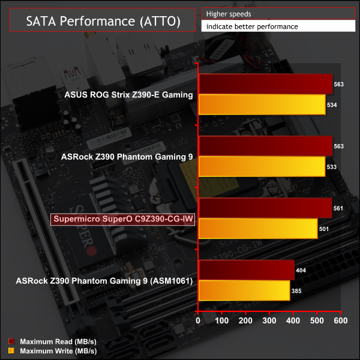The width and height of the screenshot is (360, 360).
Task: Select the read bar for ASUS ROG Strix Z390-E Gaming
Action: click(265, 85)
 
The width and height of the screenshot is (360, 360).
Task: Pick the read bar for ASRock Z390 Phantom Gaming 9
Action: click(265, 146)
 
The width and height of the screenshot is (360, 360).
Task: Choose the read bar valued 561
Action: click(265, 208)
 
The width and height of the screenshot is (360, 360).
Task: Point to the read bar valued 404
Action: click(246, 270)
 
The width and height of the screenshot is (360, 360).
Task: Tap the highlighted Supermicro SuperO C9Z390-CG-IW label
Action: click(123, 218)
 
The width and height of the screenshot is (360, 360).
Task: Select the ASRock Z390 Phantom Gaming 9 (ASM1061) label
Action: click(112, 280)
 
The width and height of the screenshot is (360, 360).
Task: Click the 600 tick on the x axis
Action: click(340, 322)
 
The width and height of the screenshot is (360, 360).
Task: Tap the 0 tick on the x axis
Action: click(199, 322)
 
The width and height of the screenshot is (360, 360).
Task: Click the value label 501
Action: click(326, 229)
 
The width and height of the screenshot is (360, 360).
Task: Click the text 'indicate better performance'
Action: click(251, 26)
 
